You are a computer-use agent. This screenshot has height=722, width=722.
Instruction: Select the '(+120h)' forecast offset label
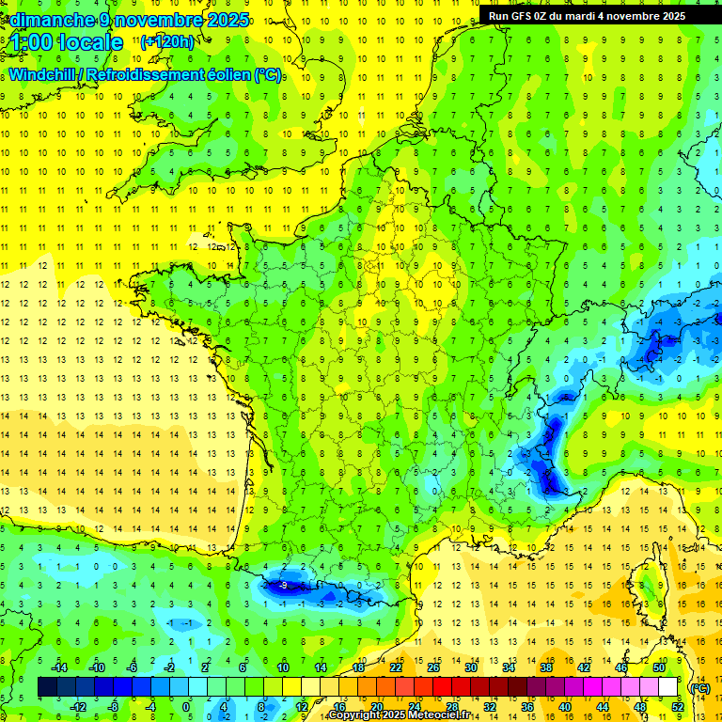[167, 41]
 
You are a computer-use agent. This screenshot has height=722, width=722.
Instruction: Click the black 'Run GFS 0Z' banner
[588, 16]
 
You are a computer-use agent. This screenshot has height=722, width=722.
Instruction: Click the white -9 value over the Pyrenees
[283, 586]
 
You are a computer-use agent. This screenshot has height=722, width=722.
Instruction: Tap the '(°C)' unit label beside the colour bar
[699, 687]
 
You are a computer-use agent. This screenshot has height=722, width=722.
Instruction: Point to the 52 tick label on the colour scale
[678, 706]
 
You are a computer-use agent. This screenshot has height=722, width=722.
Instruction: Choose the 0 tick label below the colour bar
[186, 706]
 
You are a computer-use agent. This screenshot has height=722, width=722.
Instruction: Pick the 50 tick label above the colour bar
[659, 667]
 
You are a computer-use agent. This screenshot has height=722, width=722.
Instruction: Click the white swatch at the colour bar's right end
[668, 687]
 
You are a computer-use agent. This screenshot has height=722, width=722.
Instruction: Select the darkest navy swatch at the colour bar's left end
[47, 687]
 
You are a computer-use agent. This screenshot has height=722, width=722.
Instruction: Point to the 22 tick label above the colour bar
[396, 667]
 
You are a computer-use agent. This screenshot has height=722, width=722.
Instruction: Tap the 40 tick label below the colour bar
[565, 706]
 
